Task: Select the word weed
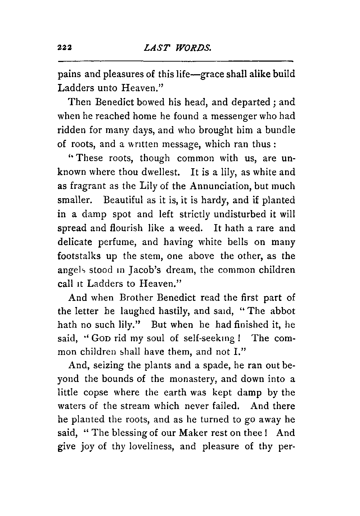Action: [x=194, y=228]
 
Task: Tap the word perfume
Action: [x=119, y=242]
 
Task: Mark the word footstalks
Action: [x=76, y=256]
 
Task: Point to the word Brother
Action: [x=137, y=298]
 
